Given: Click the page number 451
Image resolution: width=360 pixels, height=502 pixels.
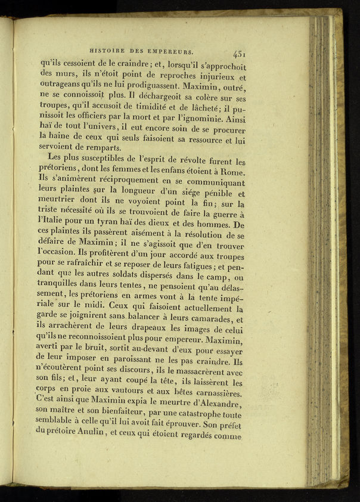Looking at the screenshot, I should coord(240,53).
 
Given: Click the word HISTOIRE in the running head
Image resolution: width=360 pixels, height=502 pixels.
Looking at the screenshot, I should coord(105,51).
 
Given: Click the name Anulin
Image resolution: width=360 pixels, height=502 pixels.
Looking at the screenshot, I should coord(92,435).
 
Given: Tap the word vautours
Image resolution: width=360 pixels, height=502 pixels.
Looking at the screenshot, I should coord(116,391).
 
